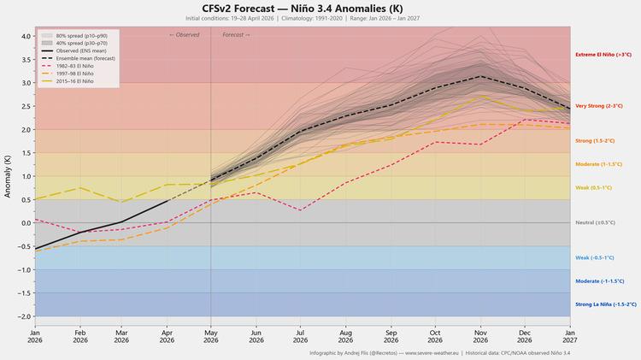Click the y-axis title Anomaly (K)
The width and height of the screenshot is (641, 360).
(x=8, y=176)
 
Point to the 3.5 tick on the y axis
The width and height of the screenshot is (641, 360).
(x=26, y=60)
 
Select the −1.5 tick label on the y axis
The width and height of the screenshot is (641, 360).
(x=24, y=293)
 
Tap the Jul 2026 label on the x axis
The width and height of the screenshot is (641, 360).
(x=301, y=336)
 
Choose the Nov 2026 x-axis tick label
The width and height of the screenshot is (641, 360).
(x=480, y=336)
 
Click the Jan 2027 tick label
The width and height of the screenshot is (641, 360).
(x=570, y=336)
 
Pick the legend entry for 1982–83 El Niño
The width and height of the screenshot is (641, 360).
(x=68, y=66)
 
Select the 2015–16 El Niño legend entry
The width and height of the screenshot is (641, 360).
(x=68, y=81)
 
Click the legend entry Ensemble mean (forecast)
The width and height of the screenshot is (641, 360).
(x=78, y=58)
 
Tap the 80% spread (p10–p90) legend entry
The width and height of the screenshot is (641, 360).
(x=74, y=36)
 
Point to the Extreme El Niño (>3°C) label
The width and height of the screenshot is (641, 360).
(x=603, y=55)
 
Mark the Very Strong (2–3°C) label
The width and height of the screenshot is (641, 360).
(x=599, y=106)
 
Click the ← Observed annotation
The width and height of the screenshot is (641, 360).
(x=185, y=35)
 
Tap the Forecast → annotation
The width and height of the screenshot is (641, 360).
(x=236, y=35)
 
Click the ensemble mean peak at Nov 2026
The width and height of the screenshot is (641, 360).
(x=480, y=76)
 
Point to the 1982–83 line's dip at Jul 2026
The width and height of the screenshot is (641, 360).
(x=301, y=210)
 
